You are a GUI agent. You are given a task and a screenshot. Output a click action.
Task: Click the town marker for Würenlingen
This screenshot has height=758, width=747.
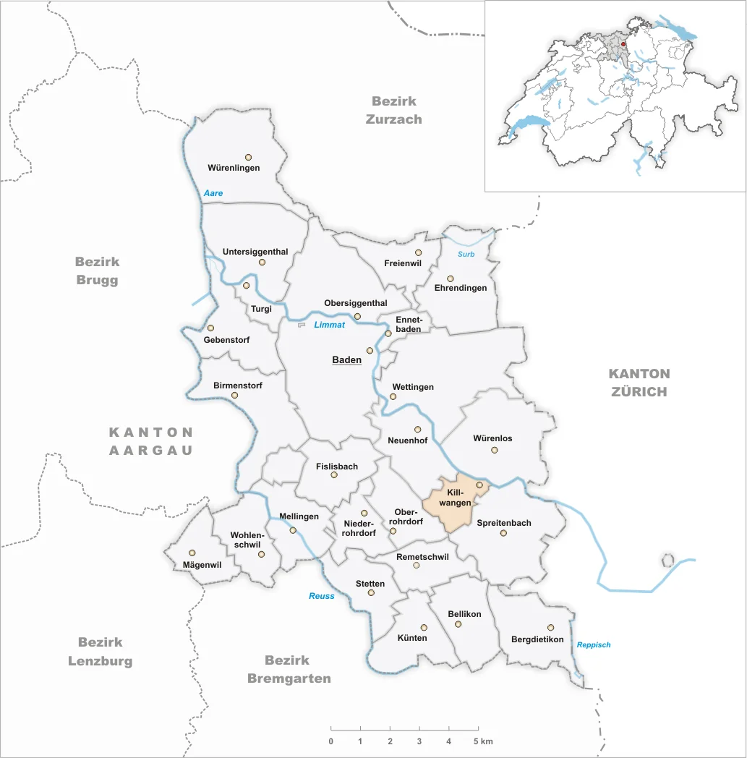[248, 156]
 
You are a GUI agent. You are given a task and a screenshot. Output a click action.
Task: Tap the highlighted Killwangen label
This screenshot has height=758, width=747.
[458, 498]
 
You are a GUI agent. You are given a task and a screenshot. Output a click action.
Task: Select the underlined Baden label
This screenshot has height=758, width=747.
[346, 359]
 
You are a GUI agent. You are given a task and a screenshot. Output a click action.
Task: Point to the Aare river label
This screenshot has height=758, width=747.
[213, 193]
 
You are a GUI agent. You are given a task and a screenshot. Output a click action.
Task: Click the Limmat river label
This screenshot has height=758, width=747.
[328, 325]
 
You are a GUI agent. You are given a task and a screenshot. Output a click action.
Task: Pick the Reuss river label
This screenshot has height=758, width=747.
[322, 596]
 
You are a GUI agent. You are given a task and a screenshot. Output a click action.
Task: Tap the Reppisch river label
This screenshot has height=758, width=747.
[594, 644]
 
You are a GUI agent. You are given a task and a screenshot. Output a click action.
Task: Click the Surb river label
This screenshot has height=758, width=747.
[466, 254]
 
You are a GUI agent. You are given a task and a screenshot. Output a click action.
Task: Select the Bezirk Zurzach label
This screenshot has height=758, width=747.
[394, 110]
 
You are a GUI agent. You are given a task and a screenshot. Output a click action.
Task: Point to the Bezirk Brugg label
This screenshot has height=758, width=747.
[97, 271]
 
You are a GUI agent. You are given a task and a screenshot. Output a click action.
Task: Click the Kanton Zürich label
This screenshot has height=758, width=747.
[639, 383]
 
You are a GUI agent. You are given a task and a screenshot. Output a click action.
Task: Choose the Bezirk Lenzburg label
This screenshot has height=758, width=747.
[101, 651]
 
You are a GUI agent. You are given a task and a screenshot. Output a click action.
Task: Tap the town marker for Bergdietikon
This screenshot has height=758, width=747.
[550, 628]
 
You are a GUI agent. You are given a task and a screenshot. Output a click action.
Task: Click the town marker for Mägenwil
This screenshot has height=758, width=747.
[192, 553]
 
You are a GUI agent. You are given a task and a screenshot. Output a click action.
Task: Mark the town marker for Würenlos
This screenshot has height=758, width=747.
[495, 450]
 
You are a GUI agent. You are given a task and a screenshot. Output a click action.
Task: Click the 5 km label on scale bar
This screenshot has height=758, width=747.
[484, 741]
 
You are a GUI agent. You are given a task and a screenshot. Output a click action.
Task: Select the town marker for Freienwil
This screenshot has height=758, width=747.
[418, 252]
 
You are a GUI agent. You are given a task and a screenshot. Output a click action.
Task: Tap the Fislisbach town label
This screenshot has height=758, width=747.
[337, 467]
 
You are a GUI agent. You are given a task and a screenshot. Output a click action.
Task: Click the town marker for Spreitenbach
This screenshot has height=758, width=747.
[503, 533]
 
